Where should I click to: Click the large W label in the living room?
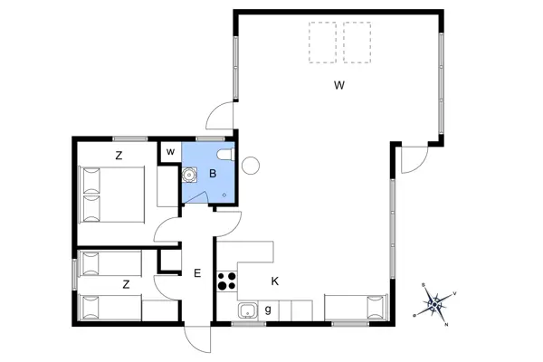click(x=338, y=86)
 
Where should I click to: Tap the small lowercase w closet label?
click(x=169, y=151)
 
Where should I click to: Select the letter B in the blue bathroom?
click(x=213, y=173)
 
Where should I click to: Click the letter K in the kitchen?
click(x=274, y=281)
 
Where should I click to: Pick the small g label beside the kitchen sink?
click(x=269, y=310)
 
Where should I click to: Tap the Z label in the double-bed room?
click(x=119, y=156)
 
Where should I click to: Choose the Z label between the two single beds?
click(x=126, y=284)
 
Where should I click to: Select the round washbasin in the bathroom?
click(x=191, y=176)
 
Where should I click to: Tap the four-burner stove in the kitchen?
click(x=226, y=281)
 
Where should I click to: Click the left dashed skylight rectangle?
click(x=321, y=42)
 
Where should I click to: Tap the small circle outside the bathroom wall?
click(x=251, y=165)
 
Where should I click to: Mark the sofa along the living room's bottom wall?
click(x=357, y=308)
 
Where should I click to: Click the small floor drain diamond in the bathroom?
click(x=225, y=193)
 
